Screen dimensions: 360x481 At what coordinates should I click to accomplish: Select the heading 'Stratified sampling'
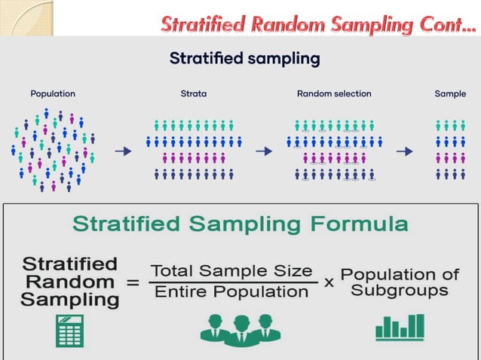[x=244, y=59]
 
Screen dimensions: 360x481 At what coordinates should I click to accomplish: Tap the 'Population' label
[x=53, y=94]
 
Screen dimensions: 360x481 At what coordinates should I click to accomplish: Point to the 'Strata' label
[x=193, y=94]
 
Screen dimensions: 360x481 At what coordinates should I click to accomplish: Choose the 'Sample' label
[x=450, y=94]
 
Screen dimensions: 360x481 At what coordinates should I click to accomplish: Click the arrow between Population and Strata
[x=122, y=151]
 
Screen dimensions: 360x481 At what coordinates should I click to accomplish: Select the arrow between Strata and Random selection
[x=263, y=151]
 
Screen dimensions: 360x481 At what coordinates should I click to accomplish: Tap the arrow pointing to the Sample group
[x=405, y=151]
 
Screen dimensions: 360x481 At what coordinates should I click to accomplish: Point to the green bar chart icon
[x=400, y=328]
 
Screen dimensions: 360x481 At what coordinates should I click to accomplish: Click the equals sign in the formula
[x=133, y=283]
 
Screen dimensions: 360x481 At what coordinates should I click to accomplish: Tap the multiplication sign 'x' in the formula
[x=329, y=282]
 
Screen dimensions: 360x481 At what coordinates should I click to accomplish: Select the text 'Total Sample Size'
[x=231, y=270]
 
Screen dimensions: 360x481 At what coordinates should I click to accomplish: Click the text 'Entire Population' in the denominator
[x=232, y=292]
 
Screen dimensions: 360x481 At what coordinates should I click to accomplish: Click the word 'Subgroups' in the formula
[x=400, y=291]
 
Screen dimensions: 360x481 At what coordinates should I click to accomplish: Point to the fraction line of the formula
[x=232, y=282]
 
